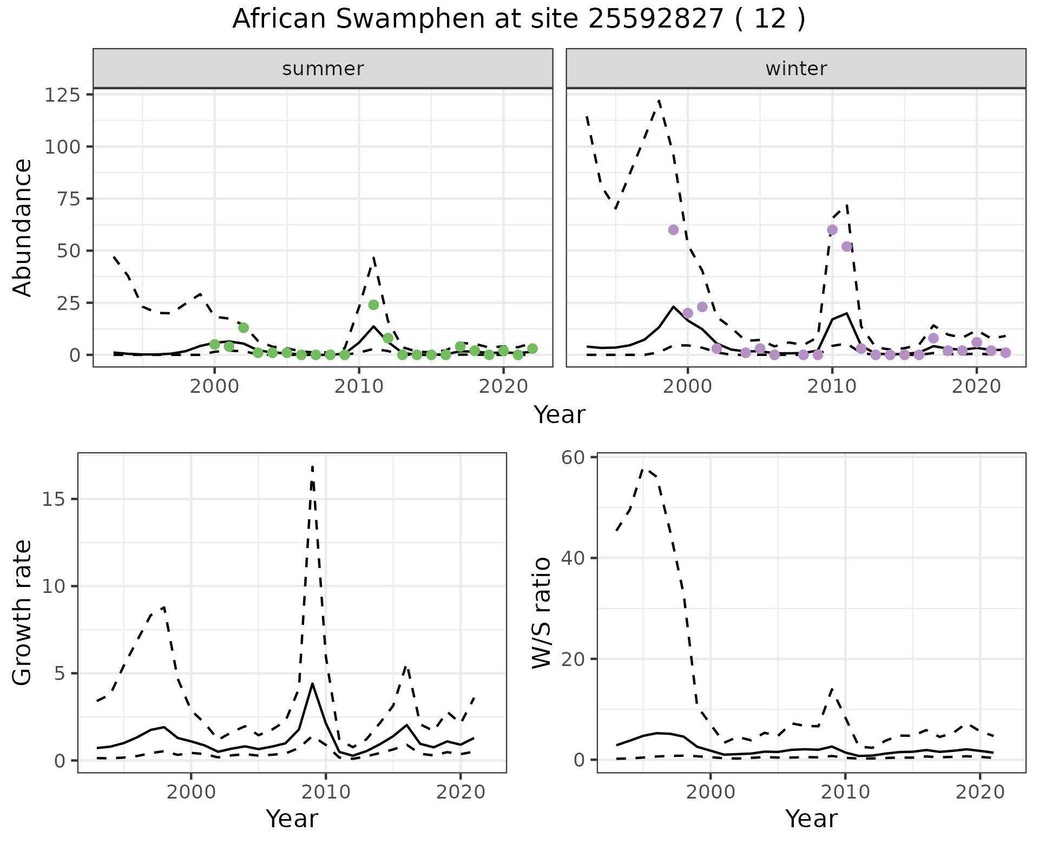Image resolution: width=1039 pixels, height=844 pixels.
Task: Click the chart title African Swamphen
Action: tap(518, 19)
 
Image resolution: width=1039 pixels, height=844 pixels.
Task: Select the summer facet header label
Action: tap(323, 69)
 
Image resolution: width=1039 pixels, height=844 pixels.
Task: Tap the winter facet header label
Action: tap(796, 69)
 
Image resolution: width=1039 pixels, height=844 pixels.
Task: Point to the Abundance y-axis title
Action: tap(23, 227)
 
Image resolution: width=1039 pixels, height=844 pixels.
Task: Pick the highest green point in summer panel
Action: tap(373, 305)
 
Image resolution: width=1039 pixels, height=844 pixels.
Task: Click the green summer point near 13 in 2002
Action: tap(244, 327)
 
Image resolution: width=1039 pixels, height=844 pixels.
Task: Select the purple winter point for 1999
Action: tap(673, 230)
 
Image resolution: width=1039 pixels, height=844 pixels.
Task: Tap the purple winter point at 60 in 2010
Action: tap(832, 230)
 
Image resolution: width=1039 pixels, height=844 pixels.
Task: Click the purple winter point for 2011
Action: tap(847, 247)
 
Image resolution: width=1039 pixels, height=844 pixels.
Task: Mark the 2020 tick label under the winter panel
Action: tap(976, 387)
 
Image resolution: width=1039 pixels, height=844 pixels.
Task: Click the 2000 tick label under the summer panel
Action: tap(215, 387)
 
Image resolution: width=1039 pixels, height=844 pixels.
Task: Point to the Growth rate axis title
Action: tap(23, 612)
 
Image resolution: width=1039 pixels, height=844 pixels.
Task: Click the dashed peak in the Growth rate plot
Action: tap(313, 466)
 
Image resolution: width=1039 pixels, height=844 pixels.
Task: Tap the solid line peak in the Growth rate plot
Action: tap(313, 683)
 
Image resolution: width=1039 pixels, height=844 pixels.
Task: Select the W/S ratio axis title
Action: tap(542, 612)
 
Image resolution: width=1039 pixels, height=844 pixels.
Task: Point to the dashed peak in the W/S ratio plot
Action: tap(643, 469)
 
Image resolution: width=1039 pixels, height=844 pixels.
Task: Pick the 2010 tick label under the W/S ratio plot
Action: tap(845, 792)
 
